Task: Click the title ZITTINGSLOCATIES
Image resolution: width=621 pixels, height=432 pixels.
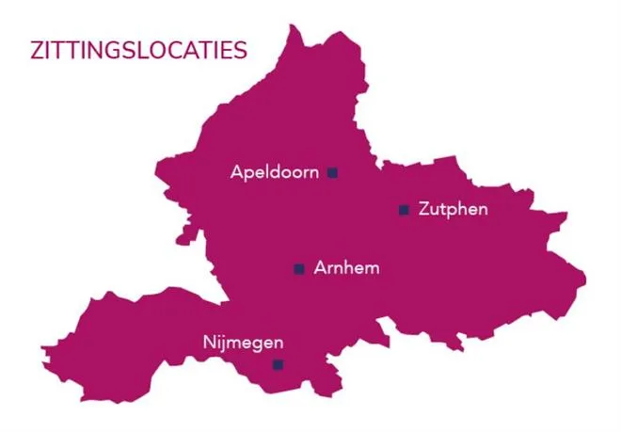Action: coord(139,50)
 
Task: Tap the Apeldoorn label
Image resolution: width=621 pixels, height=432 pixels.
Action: coord(274,173)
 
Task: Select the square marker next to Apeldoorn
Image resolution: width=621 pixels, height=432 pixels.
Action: coord(332,172)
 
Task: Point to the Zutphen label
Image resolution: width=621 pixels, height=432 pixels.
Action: coord(453,209)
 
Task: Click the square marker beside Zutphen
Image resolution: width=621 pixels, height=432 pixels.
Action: coord(404,209)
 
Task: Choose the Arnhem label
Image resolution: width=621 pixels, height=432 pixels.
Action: coord(347,268)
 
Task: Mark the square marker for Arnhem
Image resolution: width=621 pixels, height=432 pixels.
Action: coord(299,269)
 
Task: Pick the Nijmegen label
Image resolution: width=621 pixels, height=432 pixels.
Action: coord(243,343)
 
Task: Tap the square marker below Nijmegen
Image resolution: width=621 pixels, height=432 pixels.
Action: coord(278,364)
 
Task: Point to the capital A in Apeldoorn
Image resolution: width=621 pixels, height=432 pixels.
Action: coord(236,173)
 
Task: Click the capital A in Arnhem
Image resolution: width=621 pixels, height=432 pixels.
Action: coord(321,268)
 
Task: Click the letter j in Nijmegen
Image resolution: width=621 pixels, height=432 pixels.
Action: coord(223,344)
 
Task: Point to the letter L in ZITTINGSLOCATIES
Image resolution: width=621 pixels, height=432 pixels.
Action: coord(136,50)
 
